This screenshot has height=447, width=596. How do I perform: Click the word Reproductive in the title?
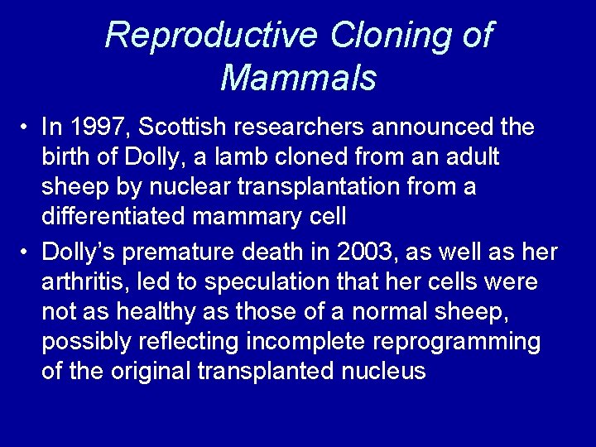point(210,36)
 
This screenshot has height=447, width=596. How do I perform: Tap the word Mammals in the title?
point(299,79)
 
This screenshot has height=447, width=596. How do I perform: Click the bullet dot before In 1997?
point(26,128)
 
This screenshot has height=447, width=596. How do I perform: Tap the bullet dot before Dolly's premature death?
point(26,251)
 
